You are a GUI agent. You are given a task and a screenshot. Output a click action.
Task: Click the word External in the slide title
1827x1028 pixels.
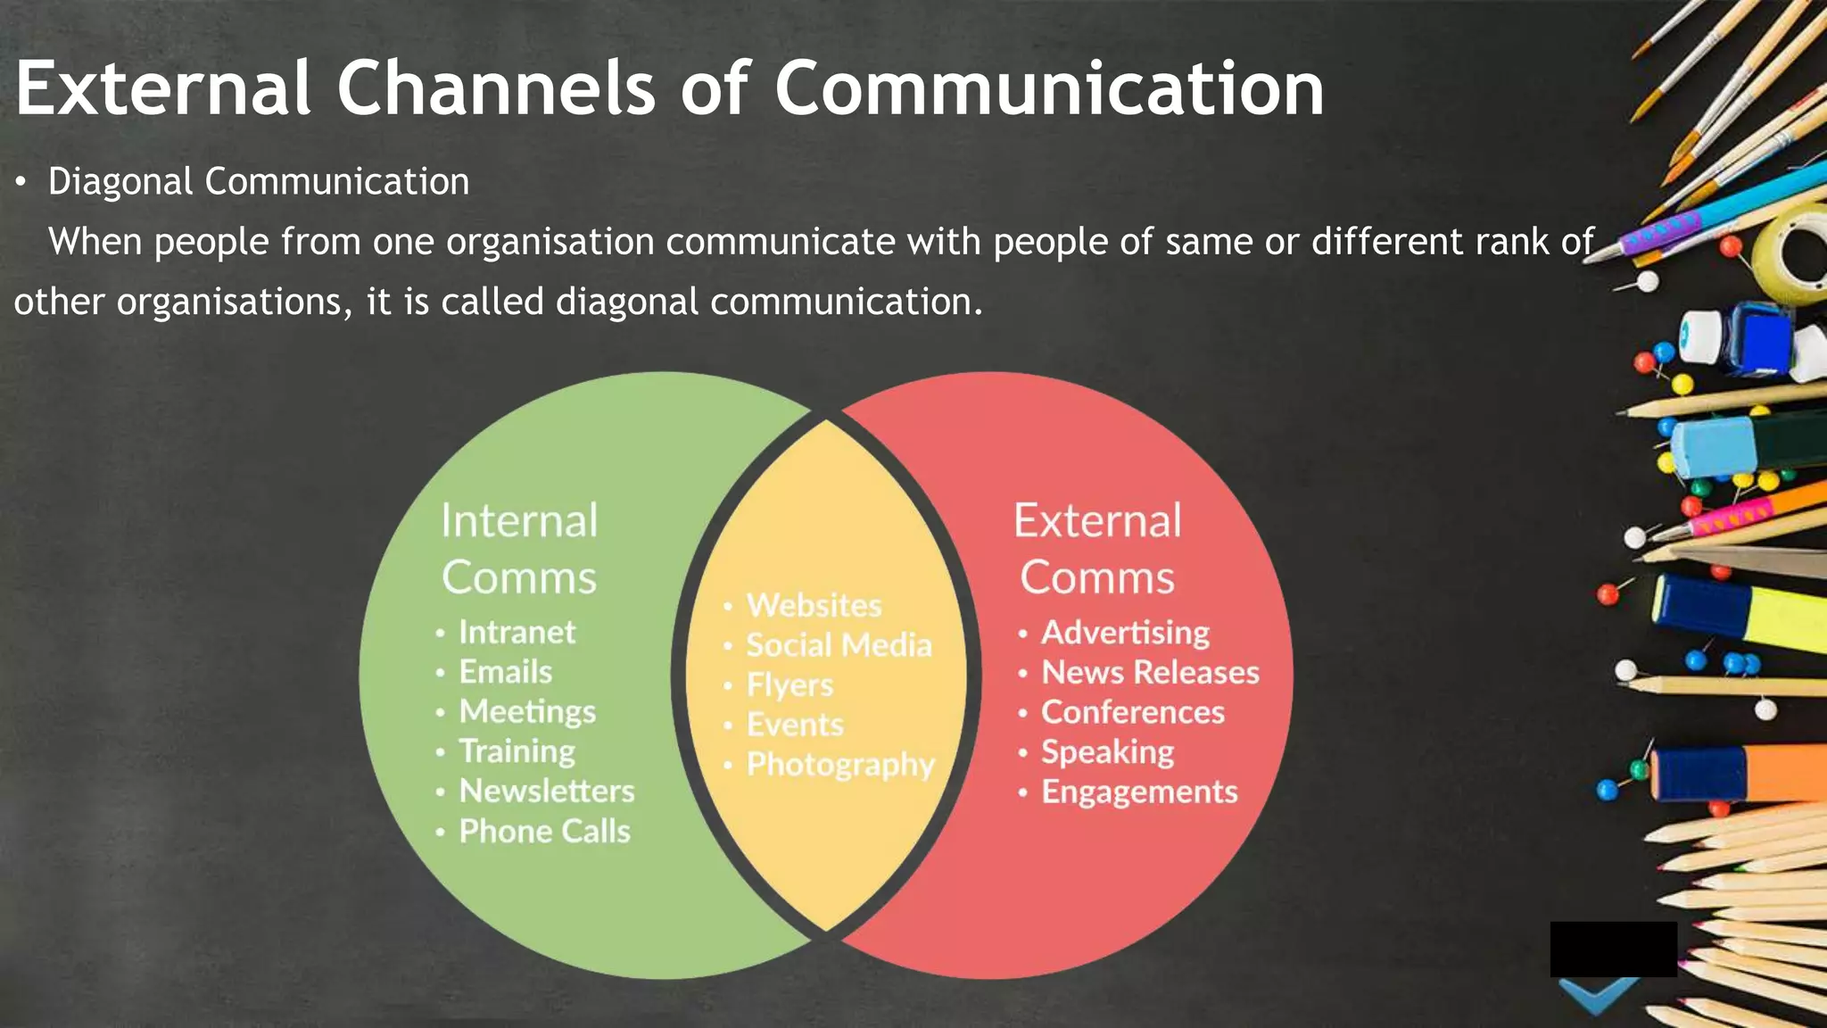pyautogui.click(x=163, y=88)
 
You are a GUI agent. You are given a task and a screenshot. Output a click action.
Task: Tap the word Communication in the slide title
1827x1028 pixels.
pyautogui.click(x=1049, y=88)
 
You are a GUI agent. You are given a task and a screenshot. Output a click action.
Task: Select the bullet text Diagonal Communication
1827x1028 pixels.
pyautogui.click(x=259, y=182)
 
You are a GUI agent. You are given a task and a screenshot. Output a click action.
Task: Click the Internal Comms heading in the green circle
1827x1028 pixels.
pyautogui.click(x=519, y=548)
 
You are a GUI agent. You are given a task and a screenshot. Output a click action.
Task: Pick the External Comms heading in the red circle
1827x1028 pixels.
pyautogui.click(x=1097, y=548)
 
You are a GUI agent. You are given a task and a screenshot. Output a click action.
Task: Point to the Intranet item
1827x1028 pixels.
pyautogui.click(x=517, y=632)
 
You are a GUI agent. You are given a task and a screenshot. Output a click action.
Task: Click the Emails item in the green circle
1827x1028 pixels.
pyautogui.click(x=505, y=672)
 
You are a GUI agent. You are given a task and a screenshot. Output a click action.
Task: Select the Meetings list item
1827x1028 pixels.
pyautogui.click(x=527, y=711)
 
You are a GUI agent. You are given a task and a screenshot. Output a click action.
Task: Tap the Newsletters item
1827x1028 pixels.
pyautogui.click(x=546, y=791)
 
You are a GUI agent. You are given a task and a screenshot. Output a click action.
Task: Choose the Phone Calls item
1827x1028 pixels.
pyautogui.click(x=544, y=831)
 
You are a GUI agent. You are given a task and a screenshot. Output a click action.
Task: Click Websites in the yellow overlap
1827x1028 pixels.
pyautogui.click(x=814, y=605)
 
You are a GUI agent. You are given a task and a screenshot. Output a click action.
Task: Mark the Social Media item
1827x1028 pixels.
pyautogui.click(x=839, y=644)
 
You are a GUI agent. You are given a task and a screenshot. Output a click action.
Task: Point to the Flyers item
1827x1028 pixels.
pyautogui.click(x=789, y=684)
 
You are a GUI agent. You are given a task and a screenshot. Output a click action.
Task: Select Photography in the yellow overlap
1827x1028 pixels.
pyautogui.click(x=840, y=764)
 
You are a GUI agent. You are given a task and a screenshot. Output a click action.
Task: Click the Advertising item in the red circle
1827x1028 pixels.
pyautogui.click(x=1125, y=632)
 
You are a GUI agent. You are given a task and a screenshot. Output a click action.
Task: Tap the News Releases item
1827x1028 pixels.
pyautogui.click(x=1150, y=672)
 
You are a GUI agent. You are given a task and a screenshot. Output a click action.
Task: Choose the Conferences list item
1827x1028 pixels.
pyautogui.click(x=1133, y=712)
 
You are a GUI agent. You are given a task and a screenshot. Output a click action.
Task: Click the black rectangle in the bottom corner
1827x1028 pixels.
pyautogui.click(x=1613, y=949)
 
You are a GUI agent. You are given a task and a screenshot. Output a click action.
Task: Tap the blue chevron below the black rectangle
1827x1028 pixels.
pyautogui.click(x=1599, y=995)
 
